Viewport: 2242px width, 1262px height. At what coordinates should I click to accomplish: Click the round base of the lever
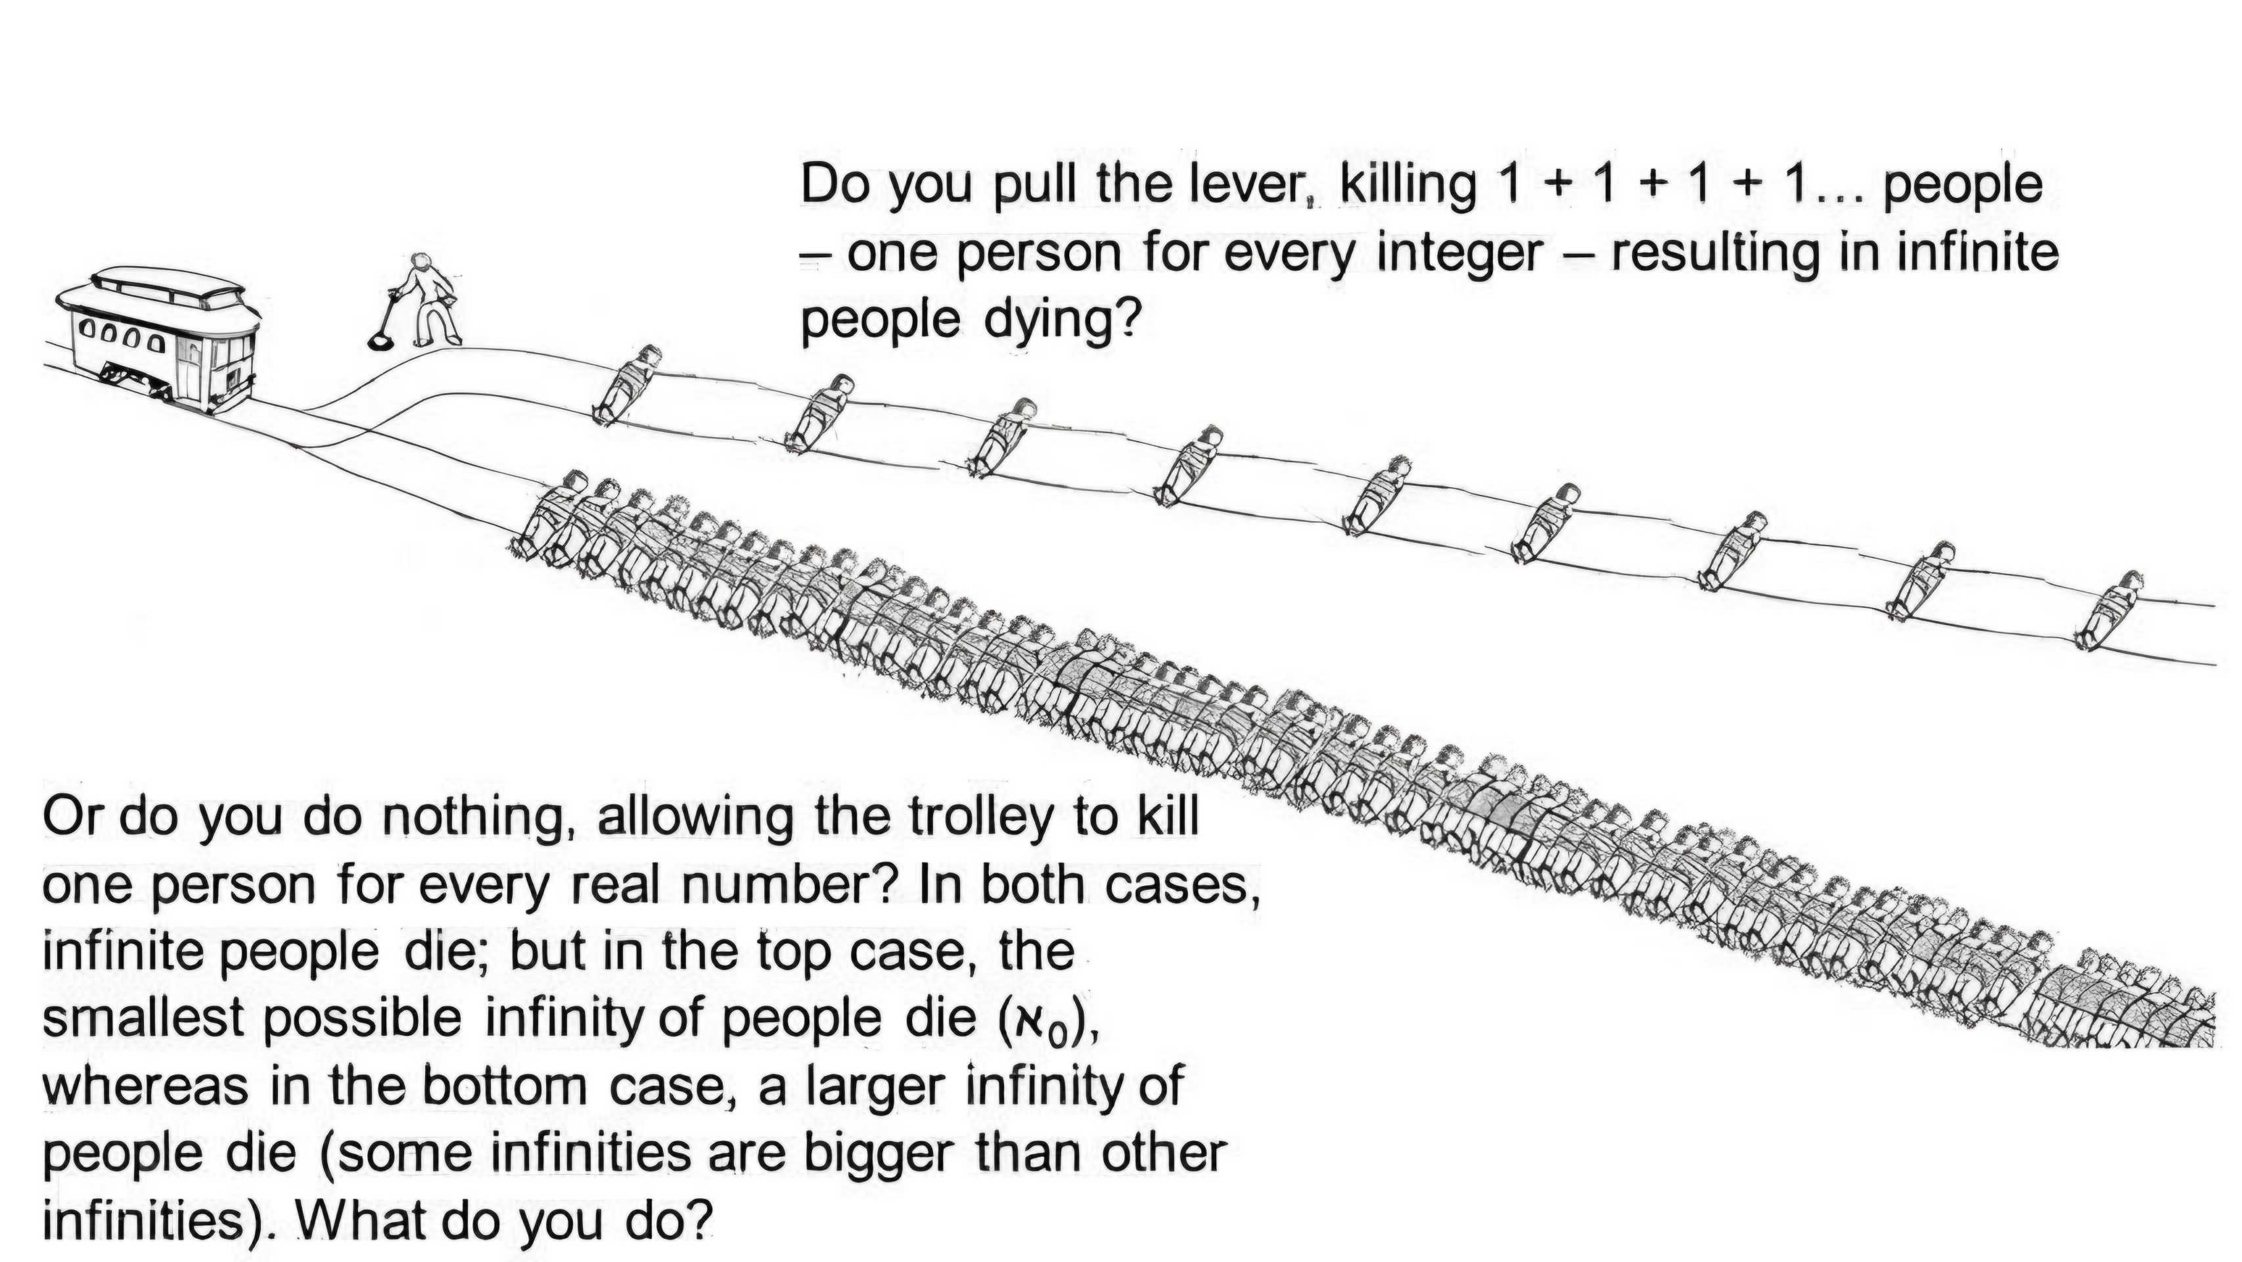(381, 341)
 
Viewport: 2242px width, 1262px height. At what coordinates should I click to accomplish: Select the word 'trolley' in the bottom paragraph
(979, 819)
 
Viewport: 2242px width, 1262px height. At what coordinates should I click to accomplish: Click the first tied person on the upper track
(627, 384)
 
